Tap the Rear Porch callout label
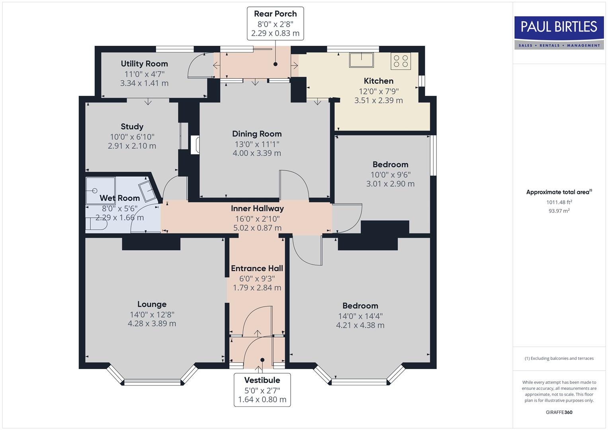[x=275, y=23]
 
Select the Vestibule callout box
[x=262, y=389]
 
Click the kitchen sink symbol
[x=362, y=60]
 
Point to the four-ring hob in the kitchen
[x=401, y=61]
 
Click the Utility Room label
[x=144, y=64]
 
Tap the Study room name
[x=132, y=127]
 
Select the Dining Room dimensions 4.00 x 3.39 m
[x=257, y=153]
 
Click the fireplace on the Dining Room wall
[x=195, y=145]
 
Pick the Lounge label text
[x=152, y=304]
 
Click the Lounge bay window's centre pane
[x=152, y=383]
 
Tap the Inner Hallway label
[x=257, y=208]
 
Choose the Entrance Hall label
[x=257, y=268]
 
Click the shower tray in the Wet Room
[x=100, y=191]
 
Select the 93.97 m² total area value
[x=559, y=211]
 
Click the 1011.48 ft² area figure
[x=559, y=202]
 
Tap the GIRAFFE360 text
[x=559, y=412]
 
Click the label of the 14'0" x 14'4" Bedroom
[x=360, y=306]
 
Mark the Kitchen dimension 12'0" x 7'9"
[x=378, y=91]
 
